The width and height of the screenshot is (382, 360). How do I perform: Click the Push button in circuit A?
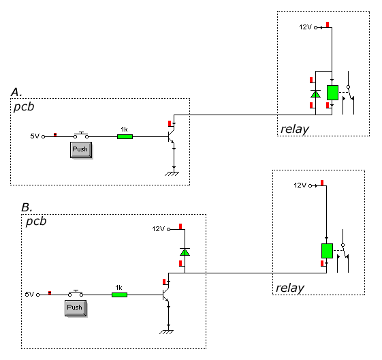[x=81, y=150]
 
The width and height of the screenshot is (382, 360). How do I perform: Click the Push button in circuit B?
[x=76, y=308]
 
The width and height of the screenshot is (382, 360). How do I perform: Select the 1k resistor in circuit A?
[x=125, y=136]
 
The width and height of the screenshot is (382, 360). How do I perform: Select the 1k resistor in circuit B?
[x=119, y=295]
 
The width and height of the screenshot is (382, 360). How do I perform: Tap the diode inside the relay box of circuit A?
[x=315, y=94]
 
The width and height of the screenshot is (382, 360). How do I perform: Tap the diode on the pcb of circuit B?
[x=185, y=252]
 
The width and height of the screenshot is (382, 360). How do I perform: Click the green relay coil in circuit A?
[x=332, y=93]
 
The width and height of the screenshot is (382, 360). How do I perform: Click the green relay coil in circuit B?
[x=327, y=251]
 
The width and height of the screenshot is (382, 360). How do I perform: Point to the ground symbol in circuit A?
[x=172, y=174]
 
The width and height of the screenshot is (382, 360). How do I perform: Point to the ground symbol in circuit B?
[x=166, y=332]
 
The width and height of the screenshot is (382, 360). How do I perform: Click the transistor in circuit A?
[x=172, y=136]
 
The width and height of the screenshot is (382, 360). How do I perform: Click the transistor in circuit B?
[x=166, y=295]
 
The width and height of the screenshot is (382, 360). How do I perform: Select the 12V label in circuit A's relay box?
[x=305, y=27]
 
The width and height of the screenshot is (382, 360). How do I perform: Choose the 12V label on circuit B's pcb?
[x=159, y=229]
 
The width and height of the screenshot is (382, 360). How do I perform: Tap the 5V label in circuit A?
[x=35, y=136]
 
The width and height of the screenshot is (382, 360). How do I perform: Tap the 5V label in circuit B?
[x=29, y=294]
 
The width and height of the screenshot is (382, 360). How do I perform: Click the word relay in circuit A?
[x=295, y=130]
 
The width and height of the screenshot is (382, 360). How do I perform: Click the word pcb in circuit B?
[x=36, y=221]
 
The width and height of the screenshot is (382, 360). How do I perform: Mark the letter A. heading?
[x=16, y=92]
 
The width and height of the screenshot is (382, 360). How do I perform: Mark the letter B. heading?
[x=27, y=207]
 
